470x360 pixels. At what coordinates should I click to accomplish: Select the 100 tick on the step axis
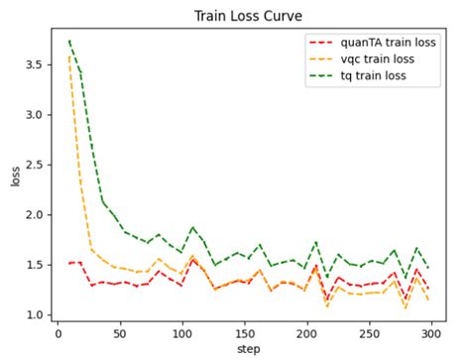click(x=181, y=335)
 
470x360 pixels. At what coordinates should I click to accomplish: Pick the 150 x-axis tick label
click(x=244, y=335)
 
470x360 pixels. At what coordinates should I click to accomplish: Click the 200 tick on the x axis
click(x=306, y=335)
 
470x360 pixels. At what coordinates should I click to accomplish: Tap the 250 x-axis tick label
click(x=369, y=335)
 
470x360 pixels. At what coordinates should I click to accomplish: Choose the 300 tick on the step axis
click(x=430, y=335)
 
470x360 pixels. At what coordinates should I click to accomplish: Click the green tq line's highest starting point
click(x=69, y=41)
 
